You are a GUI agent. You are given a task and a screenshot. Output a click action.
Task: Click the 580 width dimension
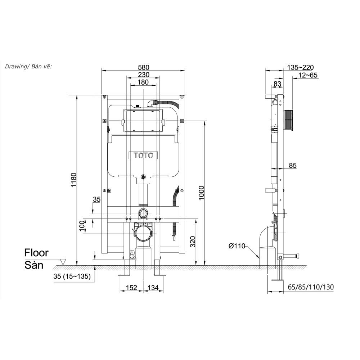pyautogui.click(x=143, y=67)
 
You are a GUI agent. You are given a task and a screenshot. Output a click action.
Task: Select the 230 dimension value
pyautogui.click(x=143, y=75)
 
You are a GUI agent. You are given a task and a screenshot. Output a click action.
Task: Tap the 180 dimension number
pyautogui.click(x=143, y=82)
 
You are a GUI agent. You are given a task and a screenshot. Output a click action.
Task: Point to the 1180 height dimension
pyautogui.click(x=74, y=180)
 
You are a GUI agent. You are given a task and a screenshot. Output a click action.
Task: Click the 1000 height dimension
pyautogui.click(x=201, y=193)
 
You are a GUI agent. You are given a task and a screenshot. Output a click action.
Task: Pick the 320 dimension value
pyautogui.click(x=193, y=242)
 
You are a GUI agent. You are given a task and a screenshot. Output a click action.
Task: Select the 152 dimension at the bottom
pyautogui.click(x=131, y=288)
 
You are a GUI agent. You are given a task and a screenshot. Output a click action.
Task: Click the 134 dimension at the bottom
pyautogui.click(x=153, y=288)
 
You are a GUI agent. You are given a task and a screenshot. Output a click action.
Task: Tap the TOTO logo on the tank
pyautogui.click(x=143, y=156)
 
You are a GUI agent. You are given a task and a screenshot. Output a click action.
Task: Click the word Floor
pyautogui.click(x=36, y=253)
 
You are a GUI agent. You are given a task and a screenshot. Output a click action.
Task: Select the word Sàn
pyautogui.click(x=34, y=265)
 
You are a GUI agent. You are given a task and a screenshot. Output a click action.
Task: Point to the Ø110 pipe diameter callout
pyautogui.click(x=237, y=246)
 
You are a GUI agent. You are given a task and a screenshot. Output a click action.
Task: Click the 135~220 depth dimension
pyautogui.click(x=301, y=67)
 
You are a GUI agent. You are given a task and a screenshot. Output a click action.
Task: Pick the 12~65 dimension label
pyautogui.click(x=308, y=75)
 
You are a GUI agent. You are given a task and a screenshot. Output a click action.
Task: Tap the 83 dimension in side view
pyautogui.click(x=278, y=84)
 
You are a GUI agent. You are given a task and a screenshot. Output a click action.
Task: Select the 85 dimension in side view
pyautogui.click(x=292, y=166)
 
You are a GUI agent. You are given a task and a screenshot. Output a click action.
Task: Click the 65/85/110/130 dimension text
pyautogui.click(x=311, y=287)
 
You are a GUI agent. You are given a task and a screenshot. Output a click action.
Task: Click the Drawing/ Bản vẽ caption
pyautogui.click(x=28, y=67)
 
